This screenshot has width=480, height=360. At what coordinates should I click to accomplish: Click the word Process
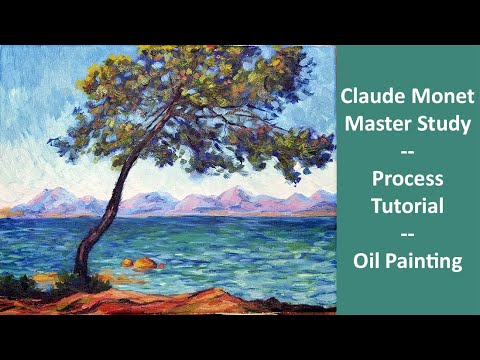point(407,181)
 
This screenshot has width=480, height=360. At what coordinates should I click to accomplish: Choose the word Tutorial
point(407,208)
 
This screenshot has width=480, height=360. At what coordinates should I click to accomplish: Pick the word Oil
point(367,262)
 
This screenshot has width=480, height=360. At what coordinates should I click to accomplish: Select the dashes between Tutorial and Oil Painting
point(407,235)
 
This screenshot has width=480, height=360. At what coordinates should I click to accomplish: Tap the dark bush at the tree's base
point(80,283)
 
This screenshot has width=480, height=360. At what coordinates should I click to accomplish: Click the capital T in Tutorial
point(375,208)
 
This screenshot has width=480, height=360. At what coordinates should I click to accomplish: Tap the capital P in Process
point(376,181)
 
